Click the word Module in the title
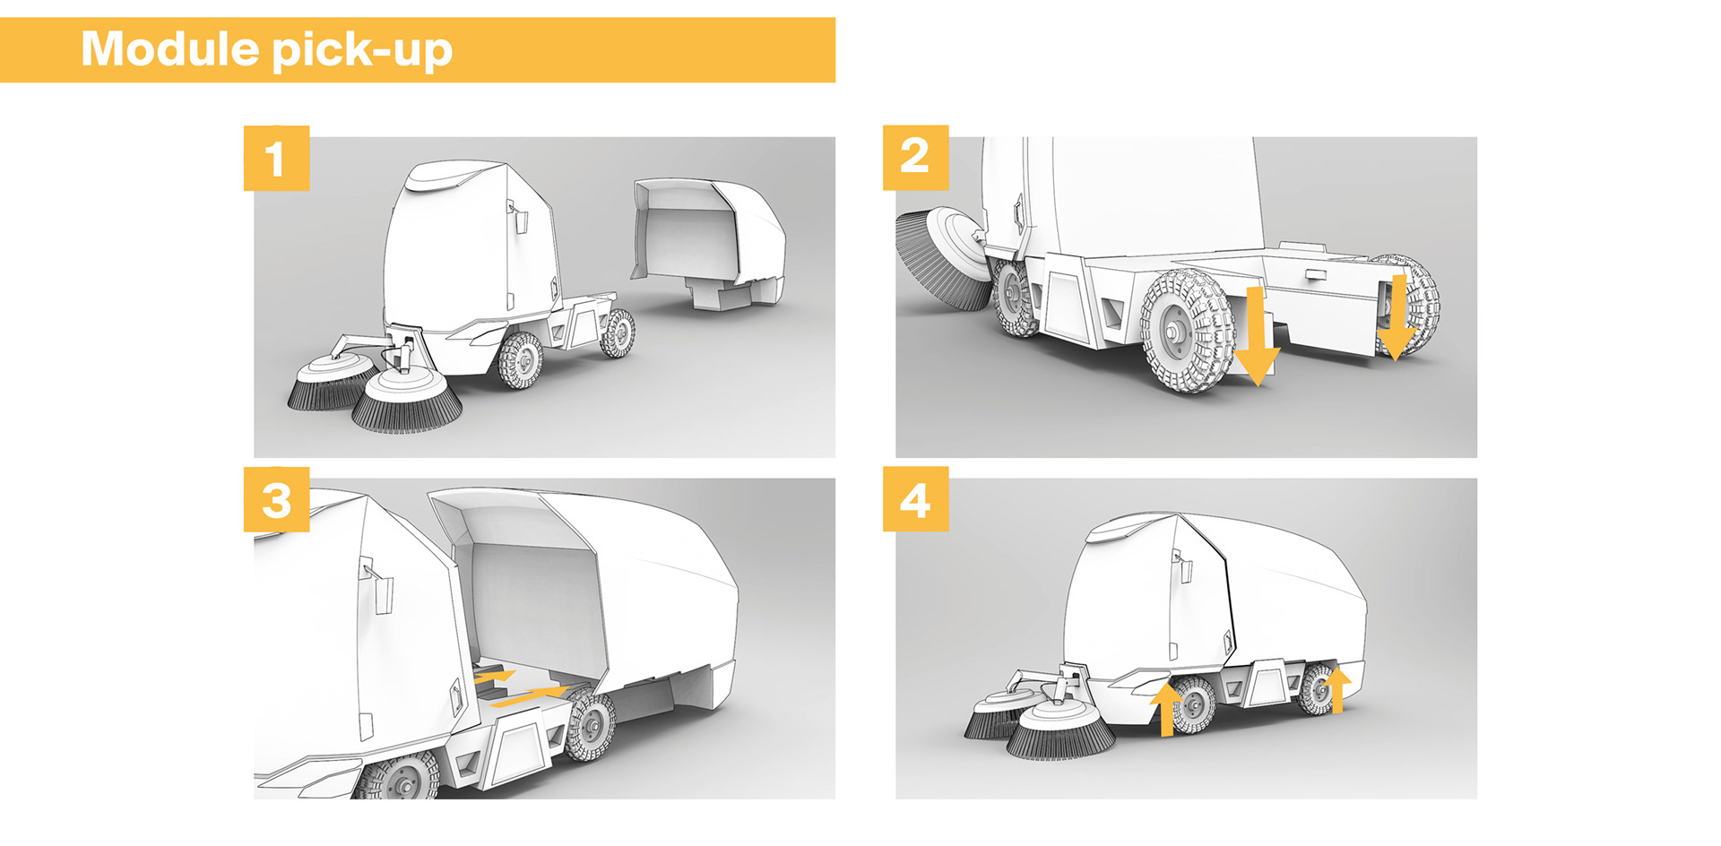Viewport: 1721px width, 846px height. (x=170, y=48)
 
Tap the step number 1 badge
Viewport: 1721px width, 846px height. (x=276, y=159)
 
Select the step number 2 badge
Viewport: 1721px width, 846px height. (x=915, y=158)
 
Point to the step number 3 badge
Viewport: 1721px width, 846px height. (x=276, y=499)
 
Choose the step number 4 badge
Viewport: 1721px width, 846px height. (x=915, y=499)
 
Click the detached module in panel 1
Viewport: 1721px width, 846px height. (x=708, y=242)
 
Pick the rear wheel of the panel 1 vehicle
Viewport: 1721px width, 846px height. (x=618, y=332)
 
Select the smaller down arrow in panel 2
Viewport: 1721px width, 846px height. (x=1396, y=318)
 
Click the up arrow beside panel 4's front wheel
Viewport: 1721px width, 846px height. (x=1165, y=708)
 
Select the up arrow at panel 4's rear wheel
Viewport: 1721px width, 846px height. (x=1336, y=689)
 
